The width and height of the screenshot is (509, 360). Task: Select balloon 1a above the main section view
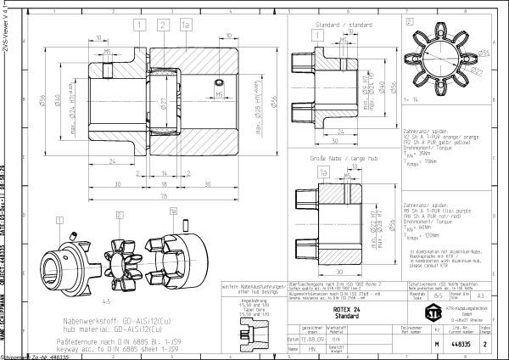[x=185, y=26]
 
